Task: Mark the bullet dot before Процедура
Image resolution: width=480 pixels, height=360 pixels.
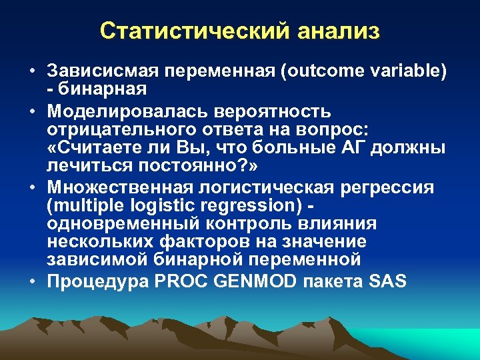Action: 32,281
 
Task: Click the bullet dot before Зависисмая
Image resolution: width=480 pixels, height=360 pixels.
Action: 32,71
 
